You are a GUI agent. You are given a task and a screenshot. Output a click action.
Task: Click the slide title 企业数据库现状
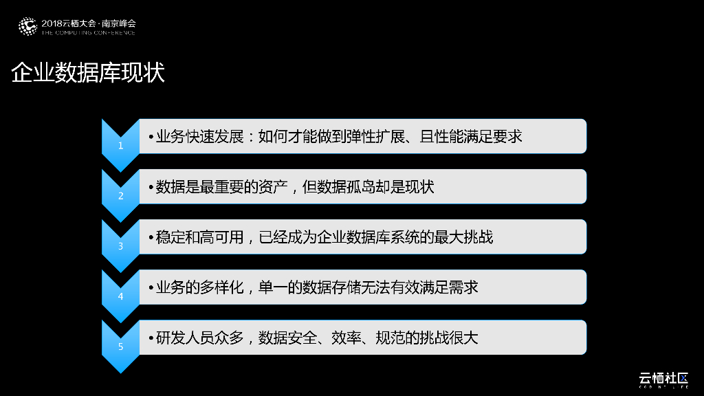[x=88, y=74]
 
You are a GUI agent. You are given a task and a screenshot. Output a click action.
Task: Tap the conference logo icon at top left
[x=27, y=26]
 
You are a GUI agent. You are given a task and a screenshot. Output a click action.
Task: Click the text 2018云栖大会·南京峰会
[x=89, y=23]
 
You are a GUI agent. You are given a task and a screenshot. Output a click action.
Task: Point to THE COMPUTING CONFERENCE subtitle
[x=89, y=32]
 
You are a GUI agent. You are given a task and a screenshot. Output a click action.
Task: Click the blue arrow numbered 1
[x=120, y=145]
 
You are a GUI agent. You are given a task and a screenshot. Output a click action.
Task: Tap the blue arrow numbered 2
[x=120, y=195]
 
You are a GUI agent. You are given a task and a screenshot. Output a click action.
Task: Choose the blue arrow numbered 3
[x=120, y=245]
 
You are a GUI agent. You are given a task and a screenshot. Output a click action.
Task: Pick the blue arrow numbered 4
[x=120, y=296]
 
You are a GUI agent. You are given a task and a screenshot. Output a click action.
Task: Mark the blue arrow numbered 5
[x=120, y=346]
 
